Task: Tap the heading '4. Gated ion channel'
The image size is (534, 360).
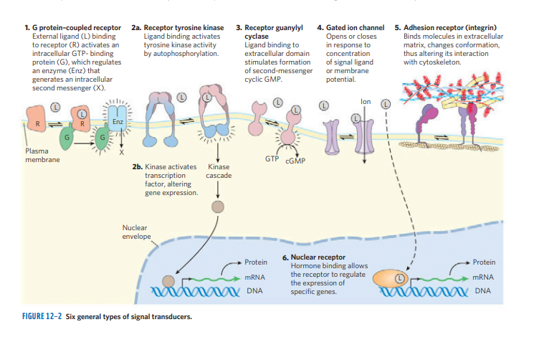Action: click(x=351, y=27)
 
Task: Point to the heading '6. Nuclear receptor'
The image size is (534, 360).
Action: click(x=314, y=257)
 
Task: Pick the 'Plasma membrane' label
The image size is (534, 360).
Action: click(x=37, y=156)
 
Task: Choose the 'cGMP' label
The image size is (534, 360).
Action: click(x=295, y=160)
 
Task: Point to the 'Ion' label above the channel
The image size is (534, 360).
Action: click(x=368, y=101)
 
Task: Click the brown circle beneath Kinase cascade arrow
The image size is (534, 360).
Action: click(x=218, y=207)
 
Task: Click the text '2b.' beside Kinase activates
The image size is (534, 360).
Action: click(x=139, y=167)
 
